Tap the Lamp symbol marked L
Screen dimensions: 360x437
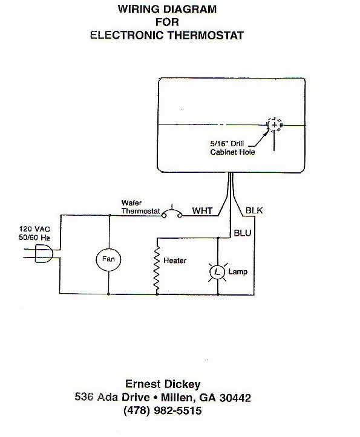coord(217,272)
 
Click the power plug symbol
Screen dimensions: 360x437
coord(44,253)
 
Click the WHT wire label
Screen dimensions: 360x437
coord(202,211)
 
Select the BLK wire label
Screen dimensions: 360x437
coord(254,210)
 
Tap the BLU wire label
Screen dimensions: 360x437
coord(243,233)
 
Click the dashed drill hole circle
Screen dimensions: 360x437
coord(273,125)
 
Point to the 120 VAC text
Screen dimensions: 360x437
coord(35,229)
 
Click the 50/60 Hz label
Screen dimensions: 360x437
coord(34,238)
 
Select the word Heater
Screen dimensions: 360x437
coord(175,261)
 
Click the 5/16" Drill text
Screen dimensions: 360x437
coord(227,143)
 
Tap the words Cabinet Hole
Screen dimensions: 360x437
coord(232,152)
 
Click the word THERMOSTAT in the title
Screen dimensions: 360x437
coord(205,36)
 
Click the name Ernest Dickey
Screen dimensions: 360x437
coord(163,384)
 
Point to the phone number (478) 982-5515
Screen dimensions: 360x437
coord(162,411)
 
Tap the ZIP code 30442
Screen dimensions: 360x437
coord(235,398)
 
